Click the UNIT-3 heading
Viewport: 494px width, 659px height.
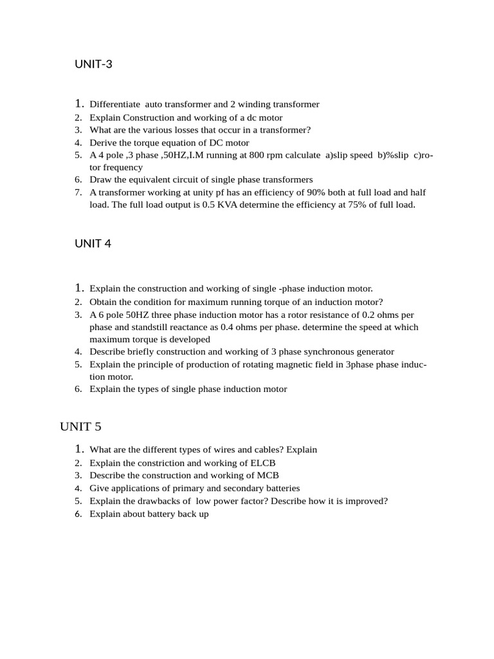93,64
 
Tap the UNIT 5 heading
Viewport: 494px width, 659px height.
80,427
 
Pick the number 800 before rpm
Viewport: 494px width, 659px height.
248,155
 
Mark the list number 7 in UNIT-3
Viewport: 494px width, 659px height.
77,192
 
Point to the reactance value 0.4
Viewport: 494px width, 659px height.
229,327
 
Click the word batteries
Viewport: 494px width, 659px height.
280,488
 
